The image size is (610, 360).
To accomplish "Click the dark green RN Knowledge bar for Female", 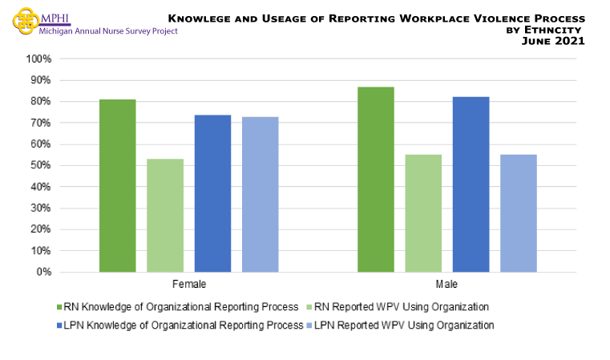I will point(117,186).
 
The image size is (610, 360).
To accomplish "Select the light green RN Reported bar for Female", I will point(165,216).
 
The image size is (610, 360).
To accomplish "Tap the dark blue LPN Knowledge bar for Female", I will point(212,193).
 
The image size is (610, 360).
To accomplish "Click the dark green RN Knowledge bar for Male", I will point(375,180).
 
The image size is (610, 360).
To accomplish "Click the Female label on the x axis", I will point(188,285).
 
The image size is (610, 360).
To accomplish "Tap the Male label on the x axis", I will point(446,285).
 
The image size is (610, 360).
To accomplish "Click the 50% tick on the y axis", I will point(41,166).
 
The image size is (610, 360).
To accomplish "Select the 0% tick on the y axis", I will point(43,273).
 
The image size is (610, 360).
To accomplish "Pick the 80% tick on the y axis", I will point(41,102).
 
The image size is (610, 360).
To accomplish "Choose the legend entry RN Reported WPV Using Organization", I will point(398,306).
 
